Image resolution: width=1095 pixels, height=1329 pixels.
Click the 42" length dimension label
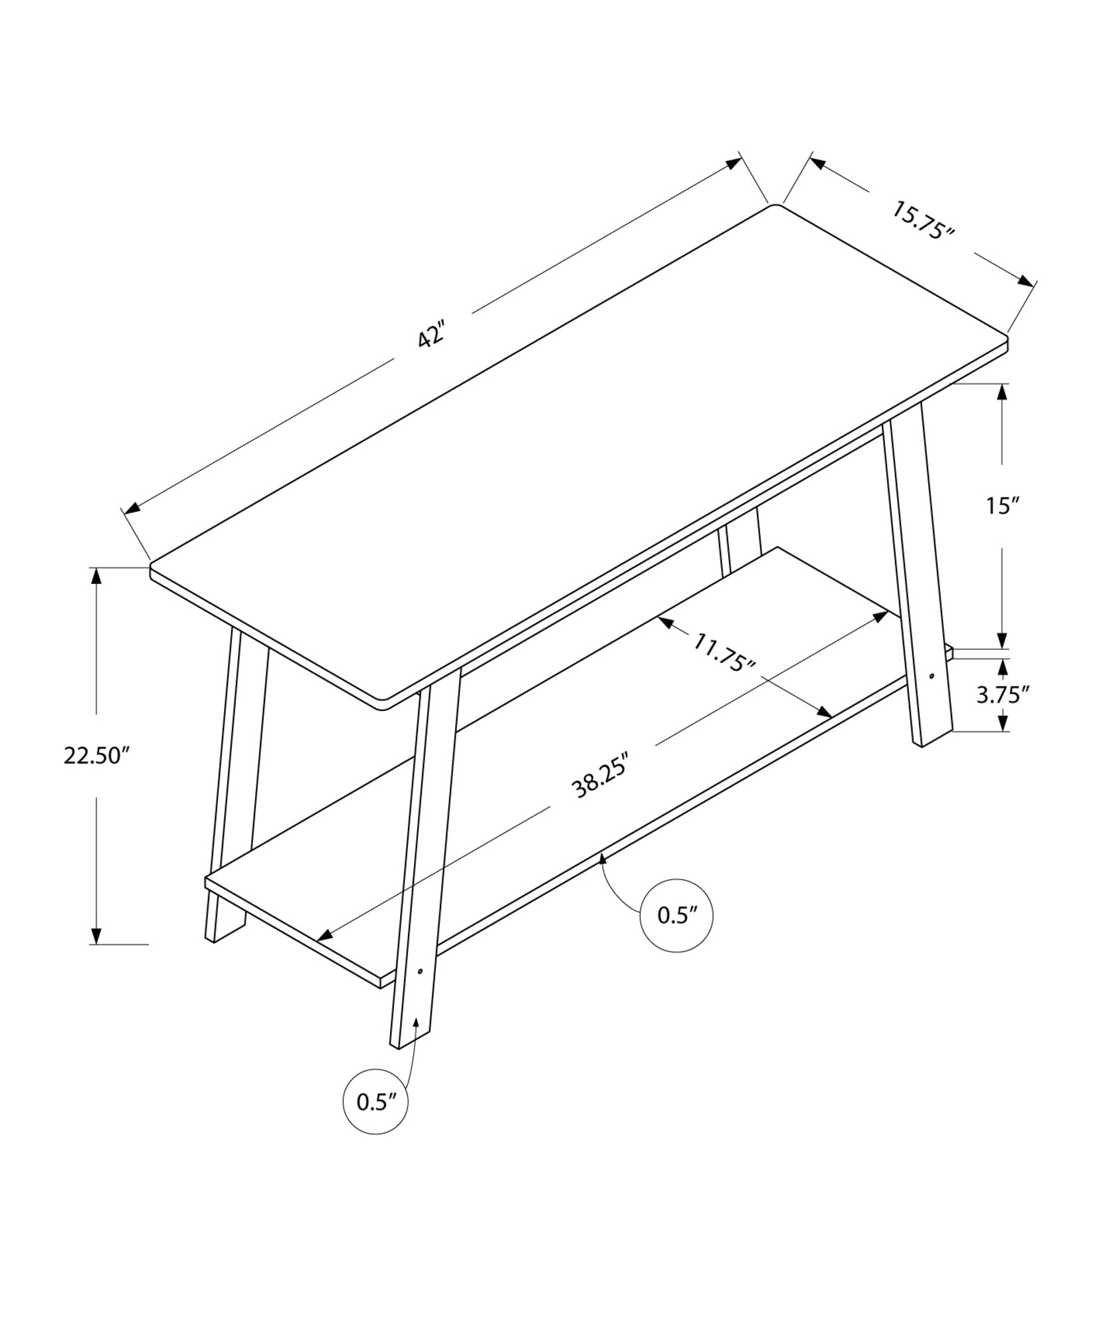point(431,336)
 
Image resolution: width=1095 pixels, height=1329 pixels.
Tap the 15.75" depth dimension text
point(923,220)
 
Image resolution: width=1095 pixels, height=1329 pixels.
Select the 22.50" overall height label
point(95,756)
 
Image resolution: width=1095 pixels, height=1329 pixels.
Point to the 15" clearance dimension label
point(1002,506)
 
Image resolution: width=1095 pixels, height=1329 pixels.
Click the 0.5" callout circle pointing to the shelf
point(676,916)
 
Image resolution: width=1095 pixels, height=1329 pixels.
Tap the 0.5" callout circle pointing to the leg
point(375,1102)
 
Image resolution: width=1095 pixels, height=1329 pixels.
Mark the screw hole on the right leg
point(932,676)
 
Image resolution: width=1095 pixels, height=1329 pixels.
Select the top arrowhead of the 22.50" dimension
point(97,577)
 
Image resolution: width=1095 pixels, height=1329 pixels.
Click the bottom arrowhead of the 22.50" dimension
point(97,936)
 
